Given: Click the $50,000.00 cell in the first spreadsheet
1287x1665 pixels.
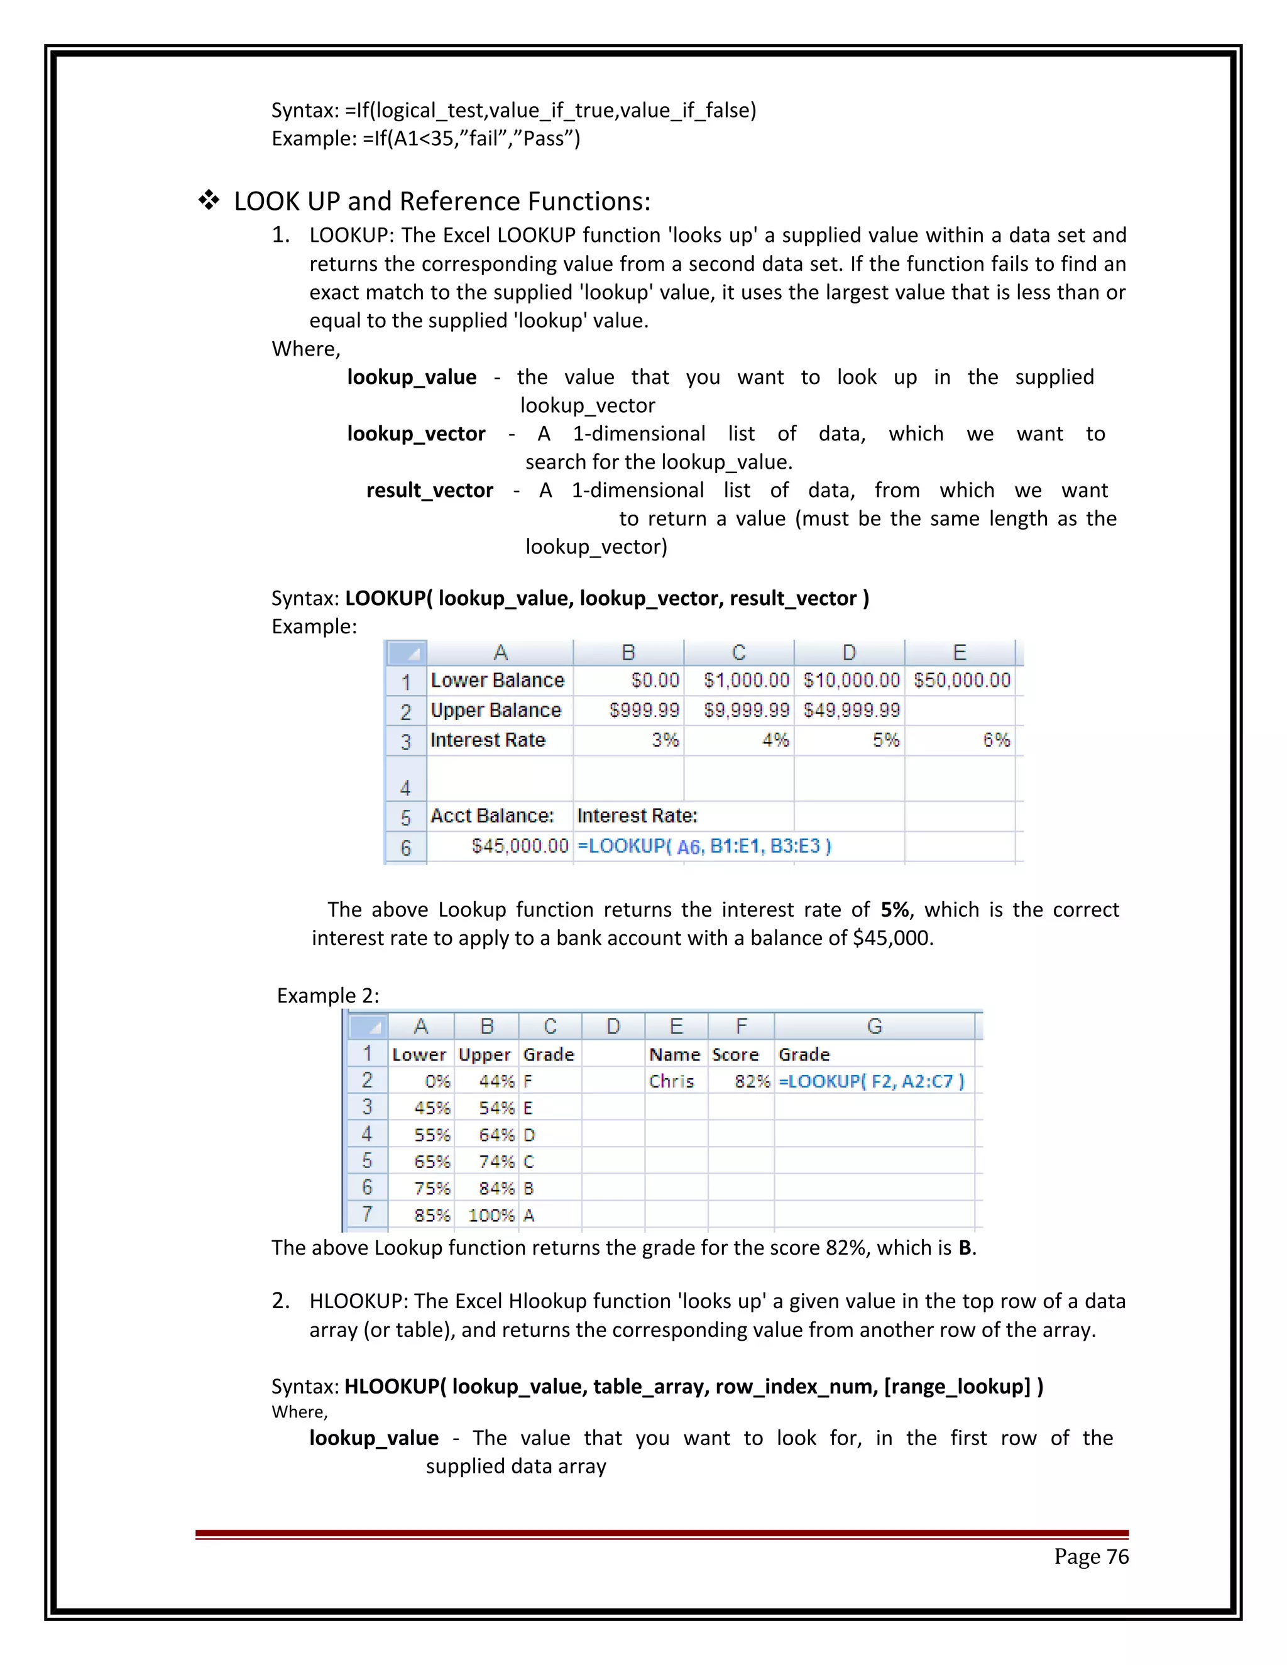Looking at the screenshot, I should coord(961,680).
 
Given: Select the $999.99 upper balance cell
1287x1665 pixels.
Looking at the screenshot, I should coord(644,711).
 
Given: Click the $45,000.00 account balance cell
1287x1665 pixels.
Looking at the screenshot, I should coord(520,846).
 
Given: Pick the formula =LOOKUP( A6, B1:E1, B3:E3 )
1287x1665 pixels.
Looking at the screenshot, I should coord(704,846).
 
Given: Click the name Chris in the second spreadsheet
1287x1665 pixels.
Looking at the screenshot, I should coord(672,1081).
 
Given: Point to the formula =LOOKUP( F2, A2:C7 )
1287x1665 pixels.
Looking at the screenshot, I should coord(871,1081).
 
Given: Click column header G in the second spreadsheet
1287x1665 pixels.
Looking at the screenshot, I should coord(875,1027).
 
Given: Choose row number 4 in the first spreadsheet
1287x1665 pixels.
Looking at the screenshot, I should coord(405,787).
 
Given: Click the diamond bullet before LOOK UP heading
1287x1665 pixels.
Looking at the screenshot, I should coord(209,201).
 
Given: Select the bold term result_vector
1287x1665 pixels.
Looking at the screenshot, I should coord(429,490).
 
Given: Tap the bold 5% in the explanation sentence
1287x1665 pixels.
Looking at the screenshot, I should coord(894,910).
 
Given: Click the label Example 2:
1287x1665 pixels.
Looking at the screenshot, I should coord(328,996).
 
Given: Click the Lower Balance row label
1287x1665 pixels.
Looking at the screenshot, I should coord(497,680).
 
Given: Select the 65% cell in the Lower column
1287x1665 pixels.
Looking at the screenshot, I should coord(432,1162).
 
